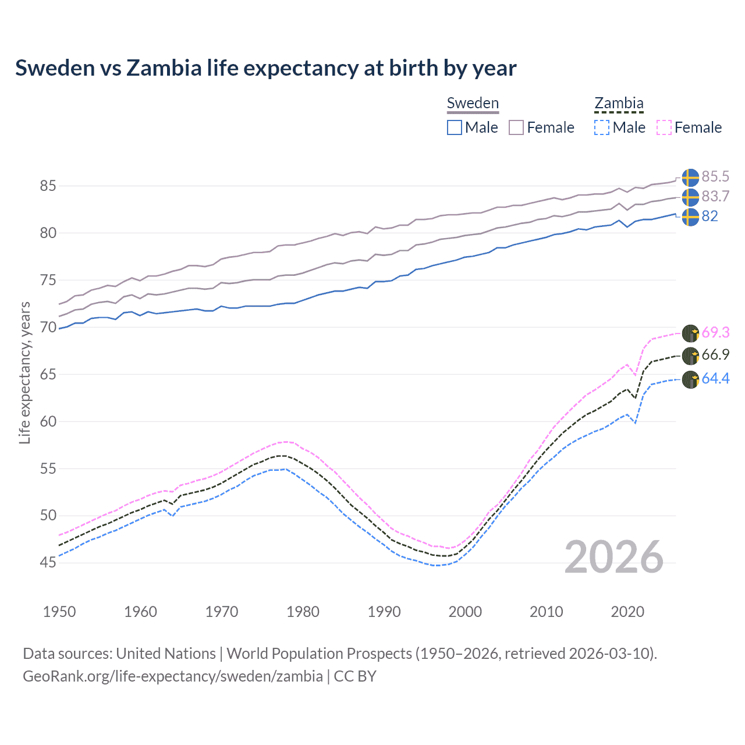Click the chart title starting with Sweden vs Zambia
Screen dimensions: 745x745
pyautogui.click(x=265, y=68)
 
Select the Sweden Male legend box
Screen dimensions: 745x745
pyautogui.click(x=455, y=127)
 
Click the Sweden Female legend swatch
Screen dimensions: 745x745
pyautogui.click(x=516, y=127)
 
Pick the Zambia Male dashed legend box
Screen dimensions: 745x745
pyautogui.click(x=602, y=127)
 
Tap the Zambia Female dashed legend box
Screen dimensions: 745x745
pyautogui.click(x=664, y=127)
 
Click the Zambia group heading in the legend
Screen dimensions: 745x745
pyautogui.click(x=619, y=104)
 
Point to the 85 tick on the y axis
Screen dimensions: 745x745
pyautogui.click(x=48, y=186)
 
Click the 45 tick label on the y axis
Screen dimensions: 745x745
pyautogui.click(x=48, y=563)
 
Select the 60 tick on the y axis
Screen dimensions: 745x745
pyautogui.click(x=48, y=421)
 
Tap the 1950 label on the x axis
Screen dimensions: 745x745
pyautogui.click(x=59, y=612)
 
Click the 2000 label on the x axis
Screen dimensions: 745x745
pyautogui.click(x=465, y=612)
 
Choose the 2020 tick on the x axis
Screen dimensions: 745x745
pyautogui.click(x=627, y=612)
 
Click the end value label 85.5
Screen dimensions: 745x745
pyautogui.click(x=715, y=177)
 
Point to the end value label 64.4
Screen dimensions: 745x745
pyautogui.click(x=715, y=379)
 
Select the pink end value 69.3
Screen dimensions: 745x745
pyautogui.click(x=715, y=332)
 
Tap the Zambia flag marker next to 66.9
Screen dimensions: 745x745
pyautogui.click(x=690, y=356)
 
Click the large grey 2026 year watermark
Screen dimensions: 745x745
pyautogui.click(x=614, y=557)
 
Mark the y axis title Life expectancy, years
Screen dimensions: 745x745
pyautogui.click(x=24, y=373)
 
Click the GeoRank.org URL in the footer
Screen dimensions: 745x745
pyautogui.click(x=173, y=676)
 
